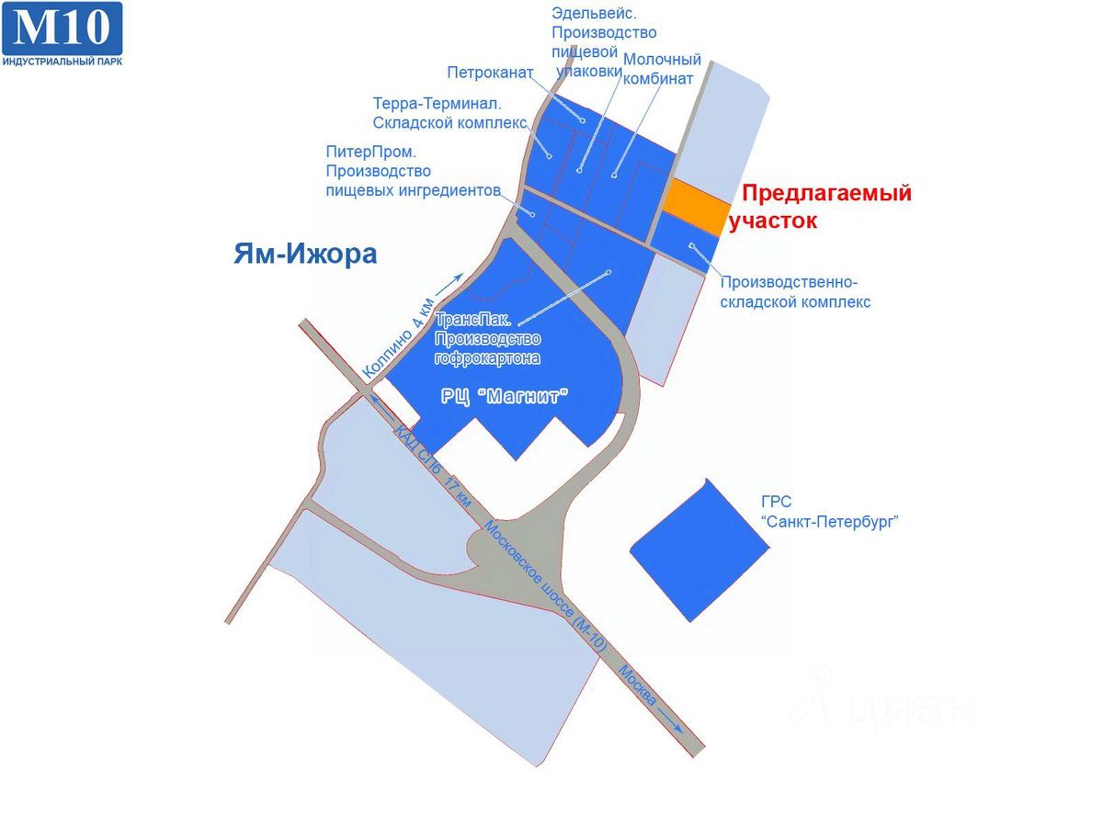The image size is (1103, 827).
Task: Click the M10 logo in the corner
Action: tap(62, 28)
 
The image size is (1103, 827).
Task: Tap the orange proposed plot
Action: tap(697, 200)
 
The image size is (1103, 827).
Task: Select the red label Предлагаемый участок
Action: tap(824, 207)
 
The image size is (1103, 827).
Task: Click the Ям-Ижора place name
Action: tap(305, 254)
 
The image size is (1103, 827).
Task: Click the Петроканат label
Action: tap(490, 72)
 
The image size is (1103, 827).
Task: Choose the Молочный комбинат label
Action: tap(662, 69)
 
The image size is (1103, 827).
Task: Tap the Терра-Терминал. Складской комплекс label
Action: tap(450, 113)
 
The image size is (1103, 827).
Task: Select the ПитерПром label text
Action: tap(414, 170)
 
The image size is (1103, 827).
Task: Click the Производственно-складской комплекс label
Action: tap(795, 291)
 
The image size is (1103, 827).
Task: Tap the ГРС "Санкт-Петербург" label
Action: tap(829, 512)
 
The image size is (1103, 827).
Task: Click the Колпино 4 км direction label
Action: tap(398, 339)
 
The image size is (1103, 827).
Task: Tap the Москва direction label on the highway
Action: tap(639, 685)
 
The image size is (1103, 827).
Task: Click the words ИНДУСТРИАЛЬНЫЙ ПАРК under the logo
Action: tap(62, 61)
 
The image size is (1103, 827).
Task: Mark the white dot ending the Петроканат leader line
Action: tap(583, 120)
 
